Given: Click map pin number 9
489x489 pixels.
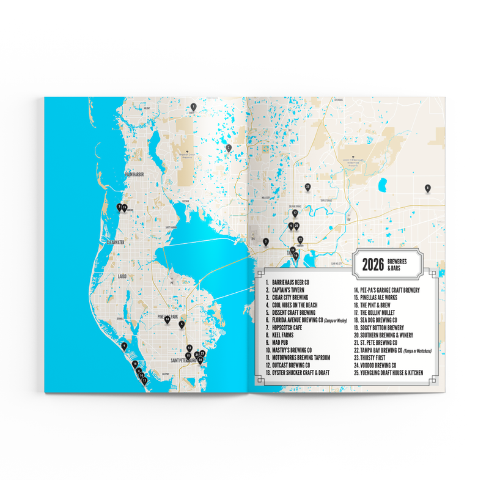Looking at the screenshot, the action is [x=123, y=346].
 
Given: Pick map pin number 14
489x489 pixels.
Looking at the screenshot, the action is [x=167, y=318].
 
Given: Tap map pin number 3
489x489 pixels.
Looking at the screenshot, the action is [x=265, y=241].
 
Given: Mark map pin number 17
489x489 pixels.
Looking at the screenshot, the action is [x=295, y=213].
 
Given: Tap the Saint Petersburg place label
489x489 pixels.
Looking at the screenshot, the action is [x=183, y=361].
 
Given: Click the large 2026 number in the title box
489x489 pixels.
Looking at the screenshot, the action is [x=373, y=264].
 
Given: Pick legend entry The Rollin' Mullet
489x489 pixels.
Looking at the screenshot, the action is [x=383, y=312].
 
